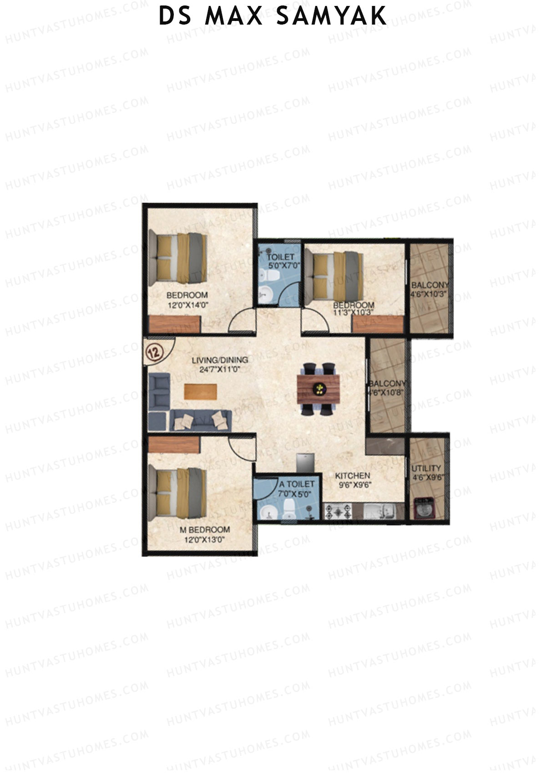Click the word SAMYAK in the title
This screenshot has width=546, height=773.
point(332,16)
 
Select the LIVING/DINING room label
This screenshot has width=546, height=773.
point(220,360)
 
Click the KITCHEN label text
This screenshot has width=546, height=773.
point(354,476)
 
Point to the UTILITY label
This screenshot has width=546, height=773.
point(426,468)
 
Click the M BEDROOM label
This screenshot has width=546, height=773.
point(204,530)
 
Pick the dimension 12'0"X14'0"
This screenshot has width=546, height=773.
point(187,305)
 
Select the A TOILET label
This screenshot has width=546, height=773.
point(297,484)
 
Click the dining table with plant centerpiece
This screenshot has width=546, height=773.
point(319,389)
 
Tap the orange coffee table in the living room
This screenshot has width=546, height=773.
point(201,392)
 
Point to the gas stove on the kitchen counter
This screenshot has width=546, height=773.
point(339,512)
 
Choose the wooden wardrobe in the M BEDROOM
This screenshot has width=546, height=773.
point(174,445)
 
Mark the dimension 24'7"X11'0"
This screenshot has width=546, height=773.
point(220,369)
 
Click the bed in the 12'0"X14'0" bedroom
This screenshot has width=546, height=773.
point(178,256)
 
